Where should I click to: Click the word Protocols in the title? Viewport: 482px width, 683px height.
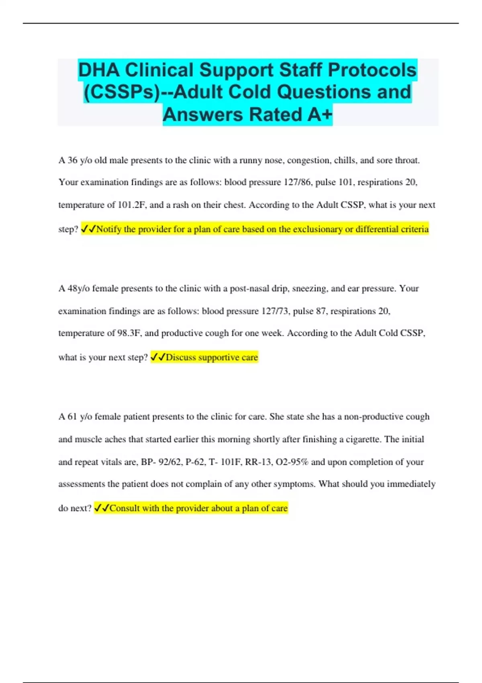click(372, 70)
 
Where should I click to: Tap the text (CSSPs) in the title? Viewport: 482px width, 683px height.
click(122, 92)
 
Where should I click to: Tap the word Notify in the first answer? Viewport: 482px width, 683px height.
click(109, 229)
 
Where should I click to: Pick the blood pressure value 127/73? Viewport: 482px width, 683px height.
click(275, 311)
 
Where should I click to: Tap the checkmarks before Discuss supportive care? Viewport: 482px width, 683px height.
click(158, 357)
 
